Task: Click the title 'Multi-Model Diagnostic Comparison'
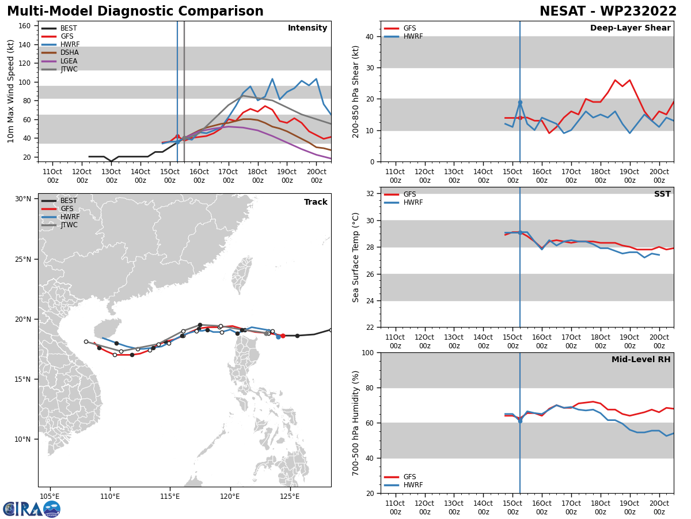click(135, 12)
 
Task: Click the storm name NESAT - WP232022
click(608, 12)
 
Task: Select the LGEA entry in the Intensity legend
click(69, 61)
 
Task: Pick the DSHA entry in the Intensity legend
click(69, 52)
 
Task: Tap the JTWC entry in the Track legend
click(69, 225)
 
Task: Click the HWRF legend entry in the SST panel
click(413, 203)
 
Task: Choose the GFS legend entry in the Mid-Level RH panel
click(409, 477)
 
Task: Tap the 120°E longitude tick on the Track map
click(230, 497)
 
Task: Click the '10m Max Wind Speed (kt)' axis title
click(11, 91)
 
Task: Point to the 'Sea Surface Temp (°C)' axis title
click(356, 257)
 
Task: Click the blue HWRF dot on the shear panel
click(520, 103)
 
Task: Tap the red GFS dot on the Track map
click(283, 336)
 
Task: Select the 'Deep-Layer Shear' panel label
click(630, 28)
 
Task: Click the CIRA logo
click(32, 509)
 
